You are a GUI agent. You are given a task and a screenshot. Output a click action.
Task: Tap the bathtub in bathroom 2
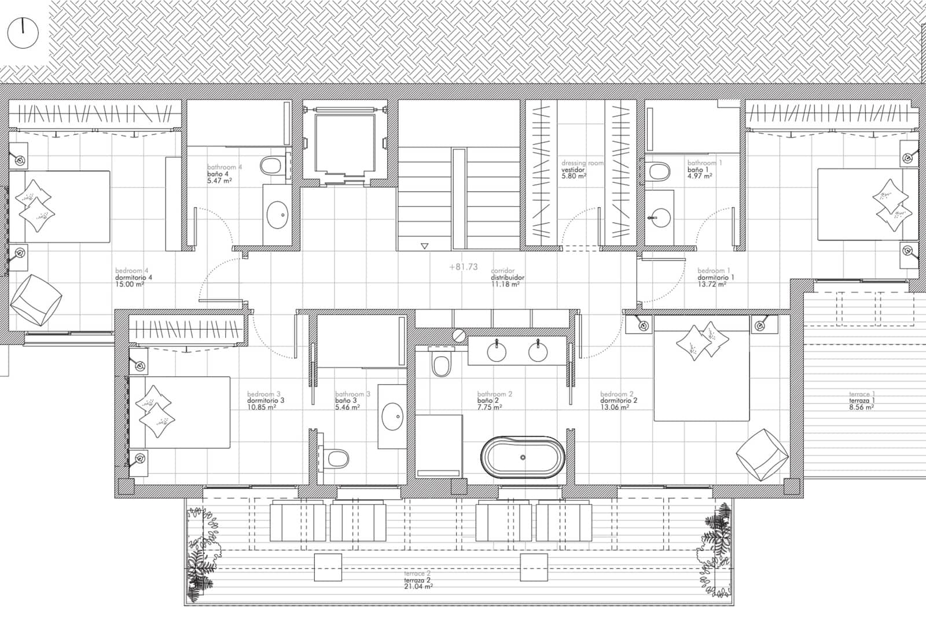click(523, 457)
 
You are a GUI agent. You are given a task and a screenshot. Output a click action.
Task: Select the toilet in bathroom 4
click(270, 167)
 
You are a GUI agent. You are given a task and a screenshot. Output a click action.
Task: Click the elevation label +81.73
click(463, 267)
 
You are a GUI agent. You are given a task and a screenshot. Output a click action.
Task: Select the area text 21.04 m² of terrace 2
click(418, 586)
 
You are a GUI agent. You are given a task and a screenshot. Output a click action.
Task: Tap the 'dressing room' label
click(582, 163)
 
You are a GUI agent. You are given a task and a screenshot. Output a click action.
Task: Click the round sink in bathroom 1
click(659, 218)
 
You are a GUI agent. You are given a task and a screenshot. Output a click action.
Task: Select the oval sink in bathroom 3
click(392, 416)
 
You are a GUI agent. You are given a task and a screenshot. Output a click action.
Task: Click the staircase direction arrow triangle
click(425, 245)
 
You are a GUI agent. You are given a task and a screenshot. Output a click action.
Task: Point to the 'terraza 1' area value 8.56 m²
click(861, 407)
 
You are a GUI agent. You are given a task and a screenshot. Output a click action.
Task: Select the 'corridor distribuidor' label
click(507, 277)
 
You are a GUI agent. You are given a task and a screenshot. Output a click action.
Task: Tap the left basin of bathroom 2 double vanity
click(497, 352)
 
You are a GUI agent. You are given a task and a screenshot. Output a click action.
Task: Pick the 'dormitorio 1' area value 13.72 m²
click(712, 284)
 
